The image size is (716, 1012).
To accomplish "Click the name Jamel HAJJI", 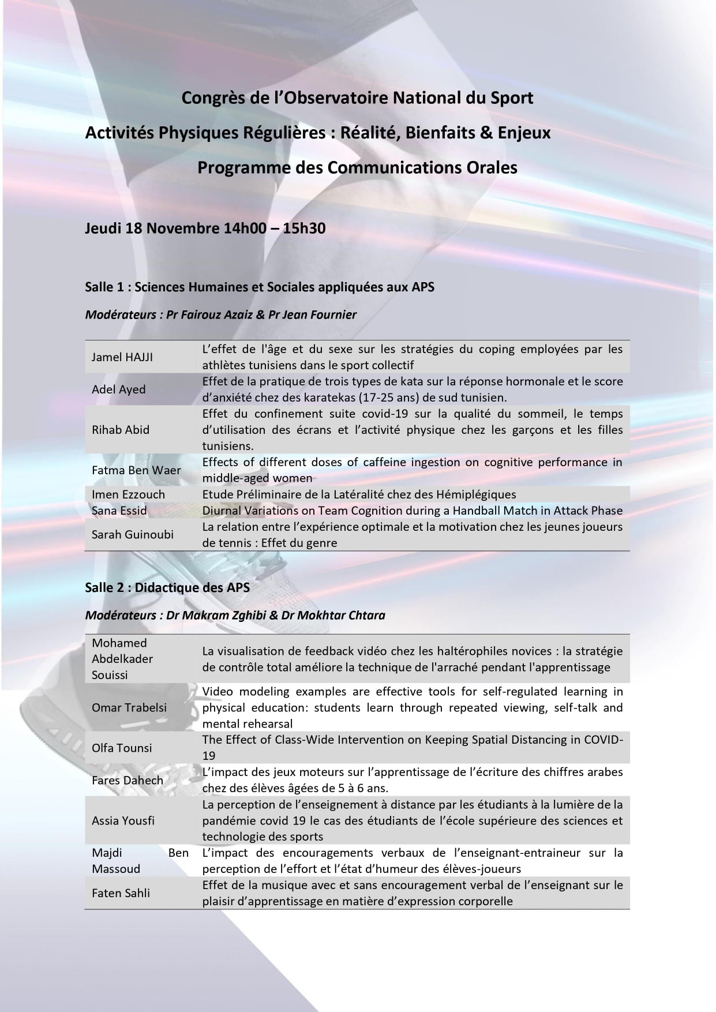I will click(x=122, y=357).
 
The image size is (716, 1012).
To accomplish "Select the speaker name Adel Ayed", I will click(x=118, y=389).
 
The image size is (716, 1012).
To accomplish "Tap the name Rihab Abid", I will click(x=120, y=430).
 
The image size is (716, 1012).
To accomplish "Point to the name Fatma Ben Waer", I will click(x=136, y=470).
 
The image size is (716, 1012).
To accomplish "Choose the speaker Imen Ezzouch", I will click(x=128, y=494).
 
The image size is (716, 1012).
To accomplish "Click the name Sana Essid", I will click(x=119, y=511).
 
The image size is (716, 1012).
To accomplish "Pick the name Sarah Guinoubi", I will click(x=132, y=534).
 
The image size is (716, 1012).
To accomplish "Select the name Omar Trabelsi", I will click(x=129, y=707).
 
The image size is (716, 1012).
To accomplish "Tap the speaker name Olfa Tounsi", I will click(x=122, y=748).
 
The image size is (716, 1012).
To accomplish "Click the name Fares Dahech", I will click(x=127, y=780).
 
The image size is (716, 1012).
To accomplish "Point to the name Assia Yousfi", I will click(x=123, y=820).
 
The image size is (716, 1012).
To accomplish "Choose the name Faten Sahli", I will click(x=121, y=893).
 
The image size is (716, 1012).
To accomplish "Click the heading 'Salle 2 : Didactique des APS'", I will click(x=167, y=587).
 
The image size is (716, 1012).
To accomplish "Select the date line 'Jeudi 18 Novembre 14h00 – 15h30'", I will click(x=205, y=228).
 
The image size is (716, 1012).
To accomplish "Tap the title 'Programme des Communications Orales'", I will click(x=357, y=167).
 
